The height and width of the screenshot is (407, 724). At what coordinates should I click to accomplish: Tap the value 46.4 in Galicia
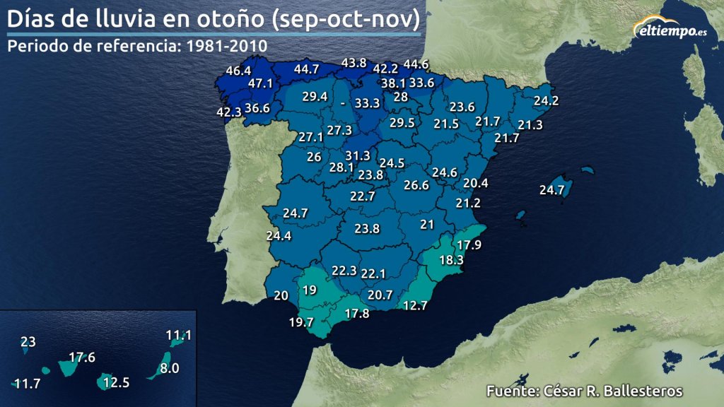[x=238, y=71]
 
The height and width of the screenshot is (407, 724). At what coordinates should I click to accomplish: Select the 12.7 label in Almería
[x=416, y=305]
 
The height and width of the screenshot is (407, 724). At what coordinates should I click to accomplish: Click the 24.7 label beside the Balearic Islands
[x=551, y=189]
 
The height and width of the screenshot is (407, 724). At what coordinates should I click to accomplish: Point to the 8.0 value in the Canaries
[x=170, y=368]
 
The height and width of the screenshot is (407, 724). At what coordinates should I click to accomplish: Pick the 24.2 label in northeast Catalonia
[x=546, y=101]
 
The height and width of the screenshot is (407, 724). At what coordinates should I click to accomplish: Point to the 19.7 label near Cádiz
[x=301, y=322]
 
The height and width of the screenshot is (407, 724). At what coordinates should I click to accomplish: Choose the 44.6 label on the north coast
[x=416, y=64]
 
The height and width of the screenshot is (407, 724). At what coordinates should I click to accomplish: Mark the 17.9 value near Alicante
[x=469, y=245]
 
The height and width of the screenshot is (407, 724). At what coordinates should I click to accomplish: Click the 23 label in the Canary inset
[x=28, y=342]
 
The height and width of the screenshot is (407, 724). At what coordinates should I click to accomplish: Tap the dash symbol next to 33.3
[x=342, y=103]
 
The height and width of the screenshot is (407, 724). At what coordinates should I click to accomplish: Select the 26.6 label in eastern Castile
[x=416, y=185]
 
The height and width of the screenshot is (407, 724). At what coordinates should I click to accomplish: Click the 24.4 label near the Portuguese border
[x=279, y=235]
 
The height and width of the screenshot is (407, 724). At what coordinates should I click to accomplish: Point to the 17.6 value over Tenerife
[x=82, y=358]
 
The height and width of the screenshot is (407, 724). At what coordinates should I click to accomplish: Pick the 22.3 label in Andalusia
[x=344, y=270]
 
